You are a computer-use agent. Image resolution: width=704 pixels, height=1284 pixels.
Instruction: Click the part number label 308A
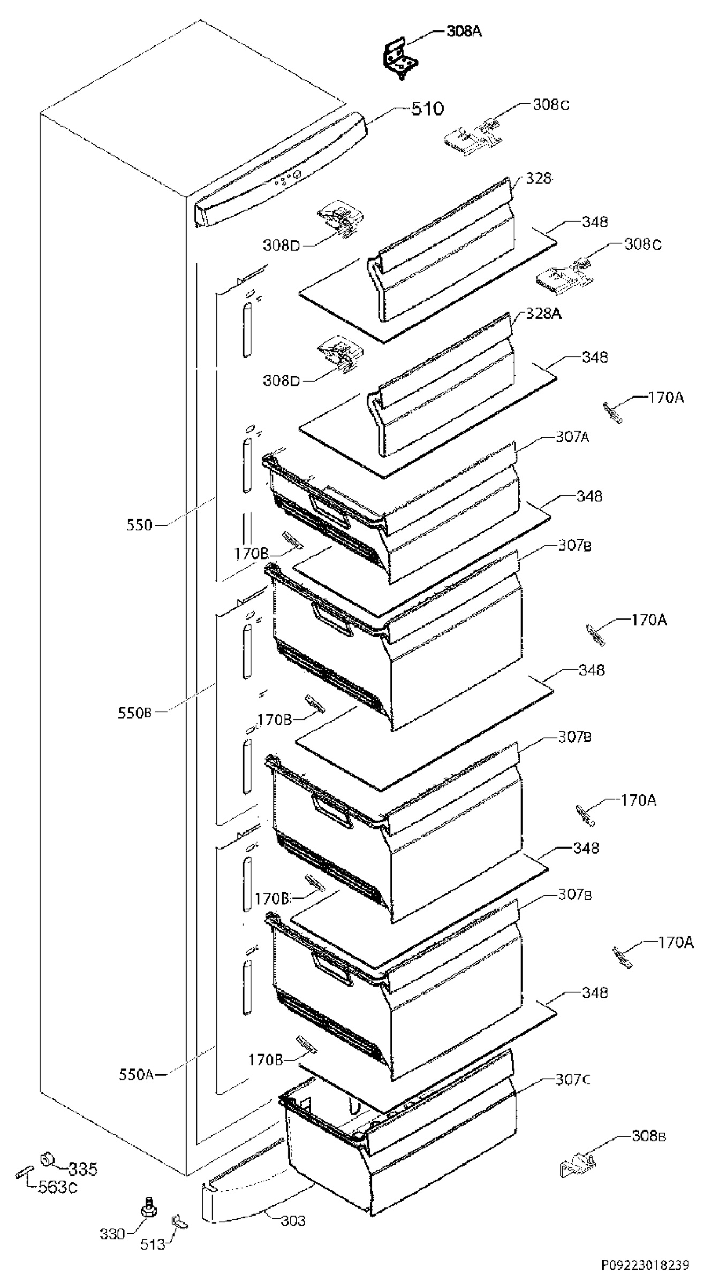[x=464, y=32]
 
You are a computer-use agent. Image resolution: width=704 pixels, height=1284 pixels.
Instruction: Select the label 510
[x=428, y=110]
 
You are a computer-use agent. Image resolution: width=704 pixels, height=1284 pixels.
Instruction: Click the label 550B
[x=135, y=713]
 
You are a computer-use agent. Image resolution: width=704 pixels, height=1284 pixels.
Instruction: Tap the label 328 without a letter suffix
[x=539, y=178]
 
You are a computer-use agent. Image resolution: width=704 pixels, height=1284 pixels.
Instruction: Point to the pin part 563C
[x=24, y=1170]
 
